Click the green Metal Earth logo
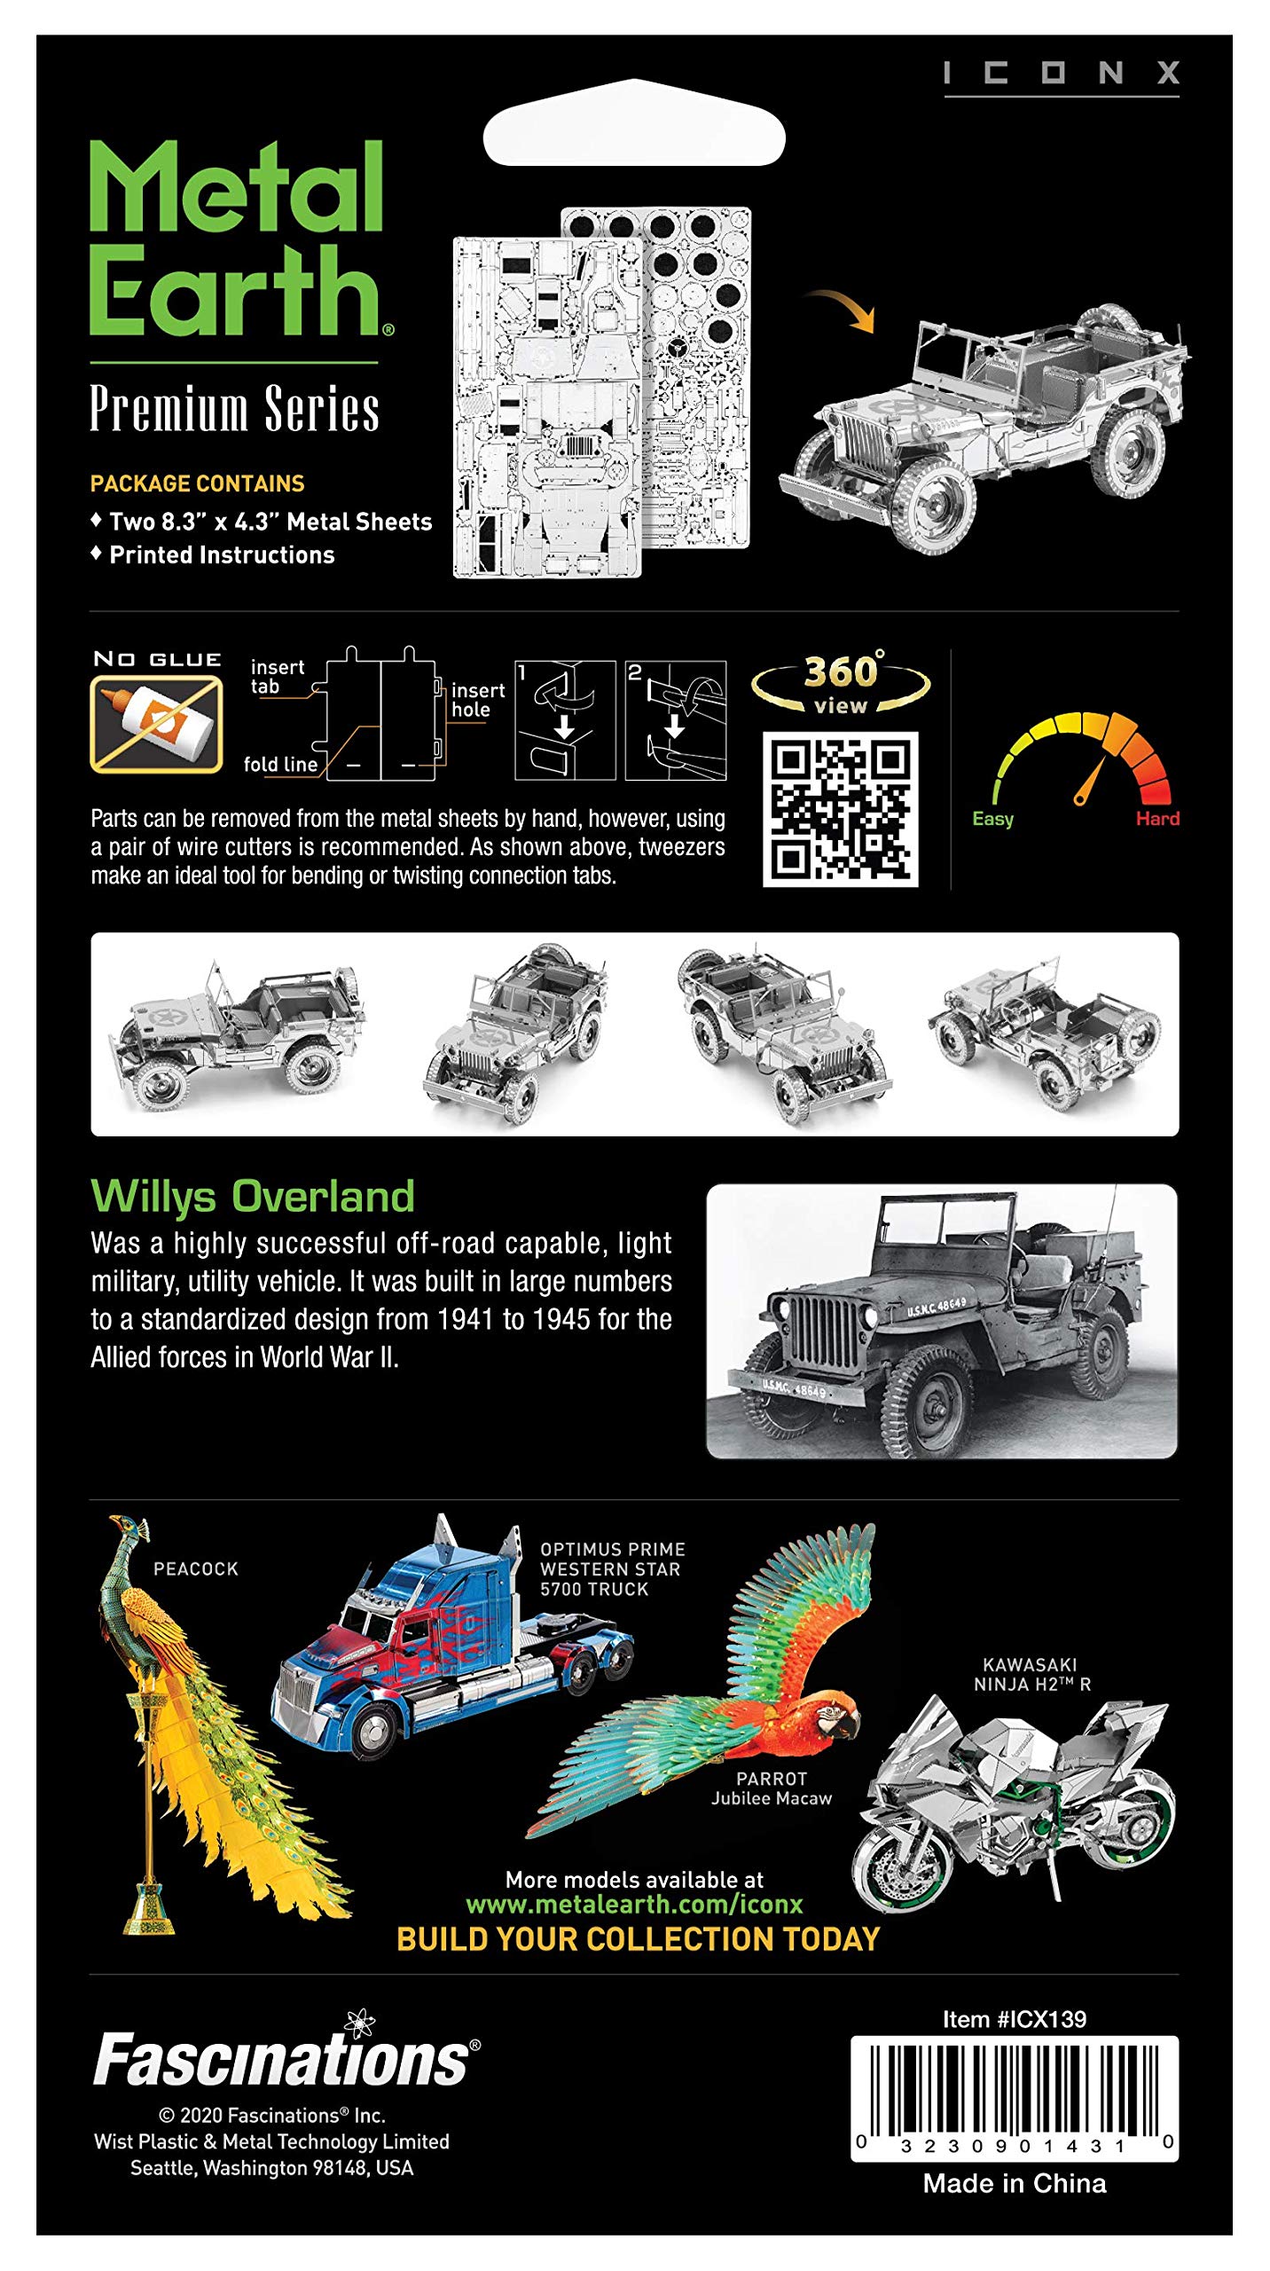[x=238, y=238]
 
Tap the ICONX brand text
[x=1061, y=73]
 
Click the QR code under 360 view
[x=840, y=808]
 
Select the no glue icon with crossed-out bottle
[x=156, y=723]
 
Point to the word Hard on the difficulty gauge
[x=1157, y=819]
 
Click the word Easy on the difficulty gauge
[x=992, y=819]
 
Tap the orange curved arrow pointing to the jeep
[x=843, y=309]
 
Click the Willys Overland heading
[x=253, y=1196]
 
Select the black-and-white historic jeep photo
[x=941, y=1321]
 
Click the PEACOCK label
[x=196, y=1569]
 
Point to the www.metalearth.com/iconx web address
[x=634, y=1905]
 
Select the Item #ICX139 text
[x=1014, y=2020]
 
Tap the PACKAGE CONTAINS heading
[x=197, y=483]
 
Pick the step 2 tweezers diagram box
[x=675, y=720]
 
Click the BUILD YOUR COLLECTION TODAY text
[x=638, y=1939]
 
